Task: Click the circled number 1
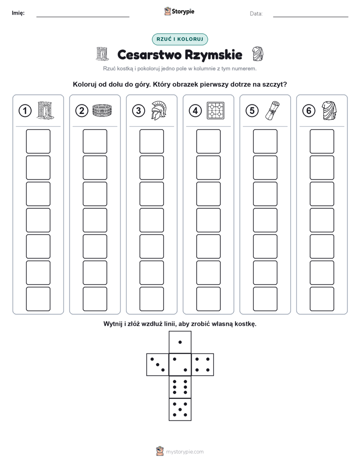point(25,111)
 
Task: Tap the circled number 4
point(195,111)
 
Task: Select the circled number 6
point(309,111)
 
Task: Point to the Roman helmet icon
point(159,110)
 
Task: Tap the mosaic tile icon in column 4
point(216,111)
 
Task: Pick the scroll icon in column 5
point(272,110)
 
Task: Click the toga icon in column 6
point(329,110)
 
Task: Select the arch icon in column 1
point(45,110)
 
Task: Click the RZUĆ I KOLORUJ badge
point(180,39)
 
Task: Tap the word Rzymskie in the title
point(213,55)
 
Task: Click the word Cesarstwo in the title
point(149,54)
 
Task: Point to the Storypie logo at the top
point(179,12)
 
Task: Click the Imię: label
point(18,13)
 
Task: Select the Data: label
point(256,14)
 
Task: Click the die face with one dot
point(180,342)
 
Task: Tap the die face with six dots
point(180,387)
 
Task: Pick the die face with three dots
point(158,364)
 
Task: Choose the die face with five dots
point(180,410)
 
